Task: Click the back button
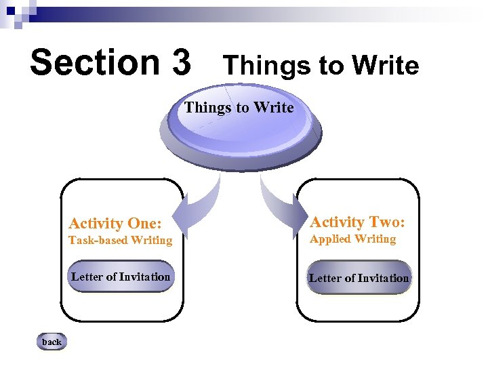[52, 342]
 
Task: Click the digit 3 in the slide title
[182, 62]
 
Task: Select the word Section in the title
[91, 62]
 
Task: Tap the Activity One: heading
[115, 224]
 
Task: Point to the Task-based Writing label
[121, 241]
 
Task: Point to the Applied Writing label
[352, 239]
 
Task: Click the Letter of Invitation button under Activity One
[121, 277]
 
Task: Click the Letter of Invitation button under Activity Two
[359, 278]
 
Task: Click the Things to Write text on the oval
[239, 108]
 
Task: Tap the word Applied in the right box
[330, 239]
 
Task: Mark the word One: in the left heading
[143, 224]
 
